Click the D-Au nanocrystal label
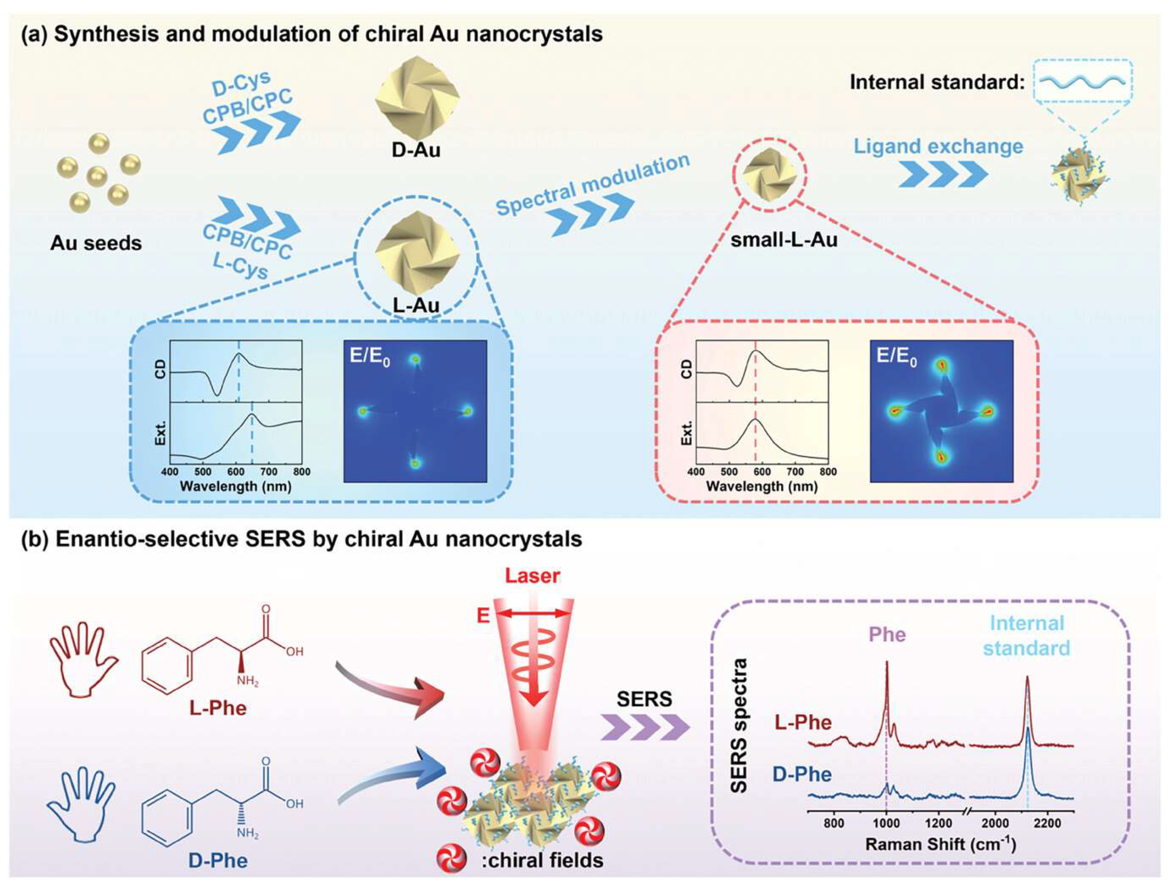click(x=416, y=150)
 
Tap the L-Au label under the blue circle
click(x=416, y=305)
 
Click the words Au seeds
click(x=96, y=243)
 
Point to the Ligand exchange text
click(x=938, y=146)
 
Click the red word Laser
click(x=532, y=575)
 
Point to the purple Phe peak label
click(x=887, y=634)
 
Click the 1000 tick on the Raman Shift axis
click(x=886, y=822)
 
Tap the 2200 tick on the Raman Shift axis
click(x=1047, y=822)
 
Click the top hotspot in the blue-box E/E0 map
click(x=416, y=360)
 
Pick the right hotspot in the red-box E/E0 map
click(x=987, y=411)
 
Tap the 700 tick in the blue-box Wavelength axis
click(x=268, y=472)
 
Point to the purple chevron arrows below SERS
click(x=645, y=727)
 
